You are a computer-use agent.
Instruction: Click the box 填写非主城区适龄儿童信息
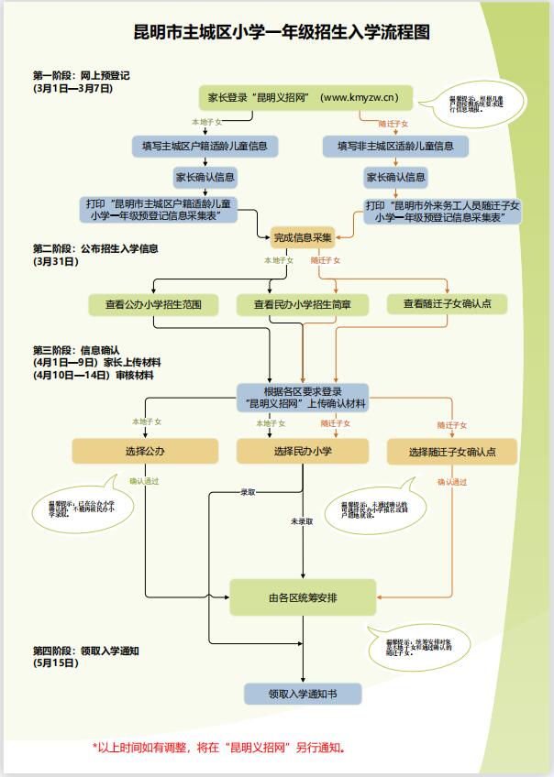395,146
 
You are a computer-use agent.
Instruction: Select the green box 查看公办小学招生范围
152,304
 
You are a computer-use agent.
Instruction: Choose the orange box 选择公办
145,451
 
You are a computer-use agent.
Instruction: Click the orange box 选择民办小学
303,451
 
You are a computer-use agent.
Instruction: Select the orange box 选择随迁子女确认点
451,452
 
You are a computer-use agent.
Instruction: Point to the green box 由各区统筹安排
303,597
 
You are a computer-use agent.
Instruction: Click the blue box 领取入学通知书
303,694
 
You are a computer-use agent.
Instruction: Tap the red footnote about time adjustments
218,748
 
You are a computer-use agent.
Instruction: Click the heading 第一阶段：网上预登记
81,76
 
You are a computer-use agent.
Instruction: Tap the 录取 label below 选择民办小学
249,493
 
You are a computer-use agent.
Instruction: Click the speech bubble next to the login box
477,104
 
